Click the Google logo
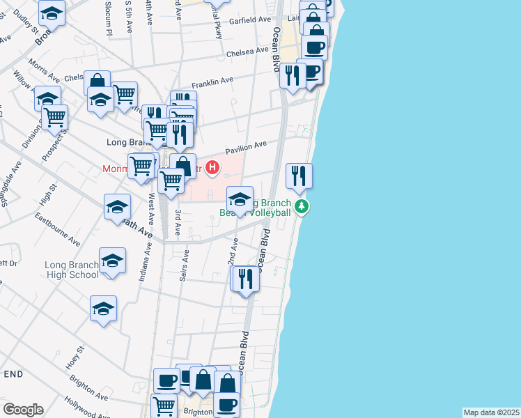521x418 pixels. coord(22,410)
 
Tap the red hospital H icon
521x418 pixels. coord(212,168)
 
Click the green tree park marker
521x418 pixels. coord(302,206)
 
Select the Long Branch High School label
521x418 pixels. coord(72,270)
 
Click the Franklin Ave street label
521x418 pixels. coord(212,82)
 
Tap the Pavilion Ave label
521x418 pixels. coord(245,148)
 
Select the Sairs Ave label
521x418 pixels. coord(183,268)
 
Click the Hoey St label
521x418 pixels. coord(75,359)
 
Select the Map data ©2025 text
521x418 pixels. coord(492,412)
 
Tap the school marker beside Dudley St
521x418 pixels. coord(52,12)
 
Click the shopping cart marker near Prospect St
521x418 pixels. coord(54,116)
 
